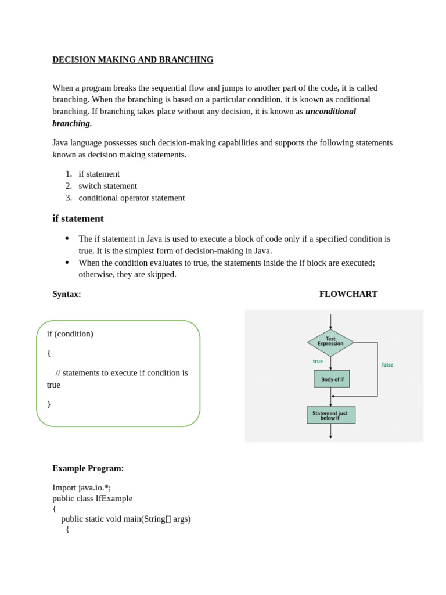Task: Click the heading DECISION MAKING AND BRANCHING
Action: [x=132, y=60]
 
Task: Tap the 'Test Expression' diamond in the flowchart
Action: [x=330, y=342]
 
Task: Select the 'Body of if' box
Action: [x=332, y=379]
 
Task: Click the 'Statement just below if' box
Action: [x=330, y=415]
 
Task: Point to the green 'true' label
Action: [x=318, y=361]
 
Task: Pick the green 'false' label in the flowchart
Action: [x=387, y=365]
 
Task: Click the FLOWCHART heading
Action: [x=348, y=294]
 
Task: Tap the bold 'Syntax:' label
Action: [x=67, y=294]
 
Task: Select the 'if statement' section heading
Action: [x=78, y=218]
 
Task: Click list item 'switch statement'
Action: [x=108, y=186]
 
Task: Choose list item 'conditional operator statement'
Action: [x=132, y=198]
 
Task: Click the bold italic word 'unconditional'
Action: [x=330, y=112]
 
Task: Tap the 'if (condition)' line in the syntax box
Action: [x=70, y=334]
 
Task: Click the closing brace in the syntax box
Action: [x=49, y=404]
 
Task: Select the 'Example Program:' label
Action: [x=88, y=468]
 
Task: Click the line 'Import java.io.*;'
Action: [x=82, y=488]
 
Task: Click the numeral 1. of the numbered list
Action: [x=69, y=174]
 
